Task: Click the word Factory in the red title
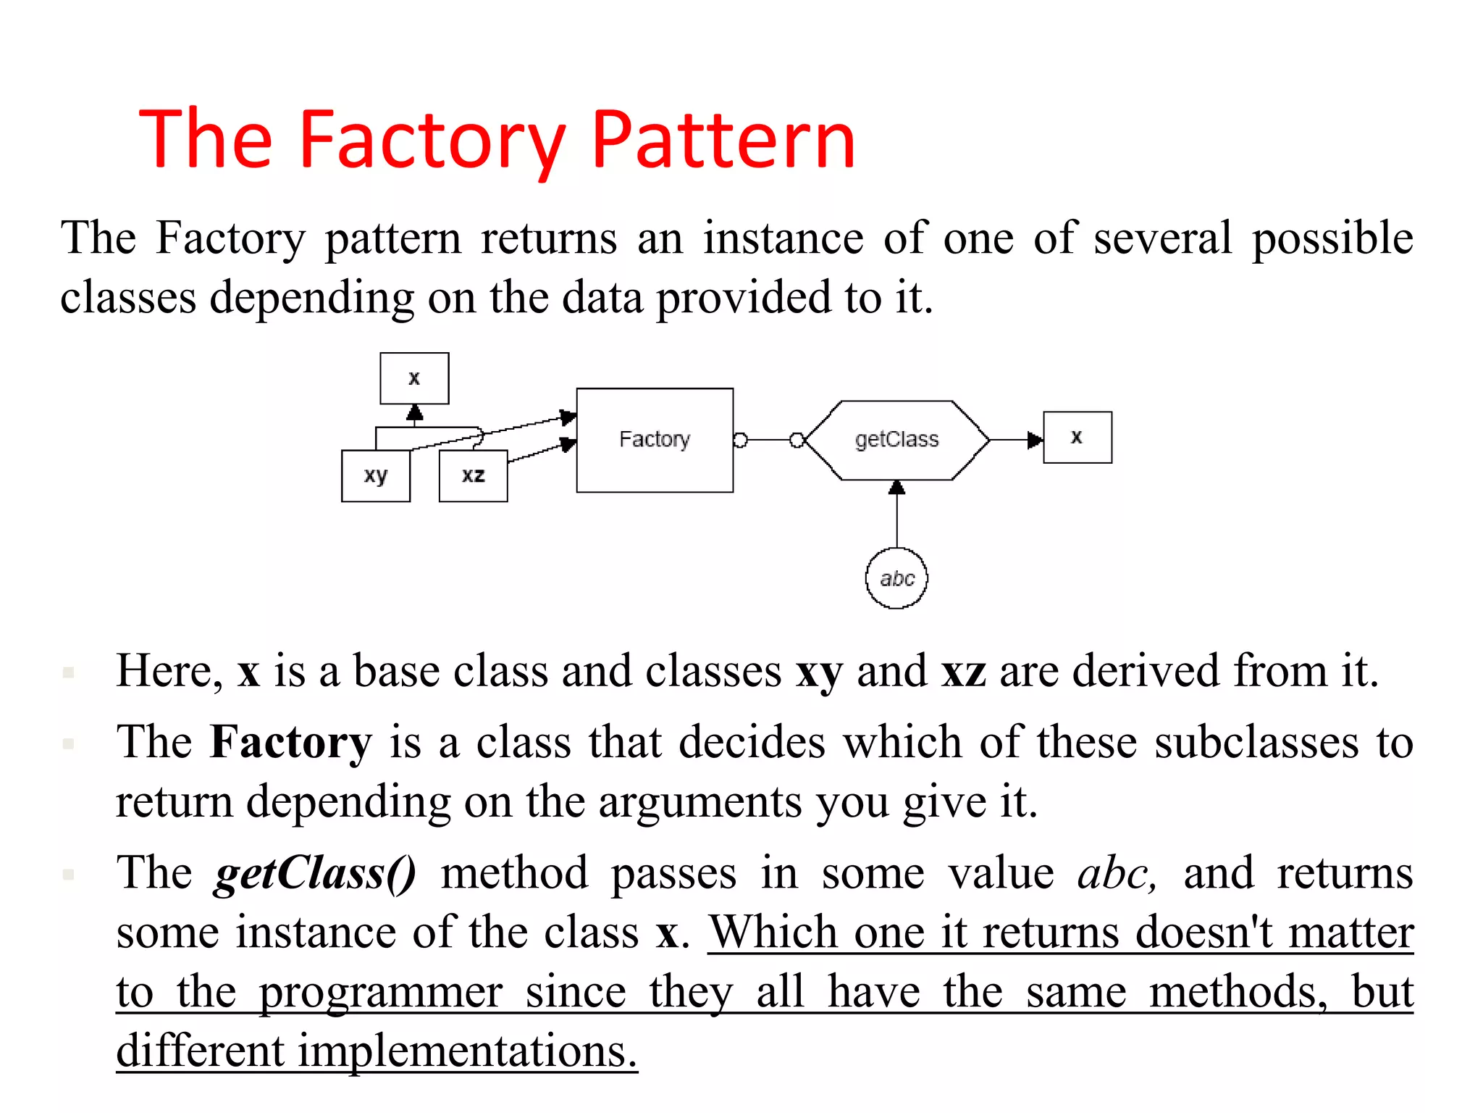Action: click(432, 139)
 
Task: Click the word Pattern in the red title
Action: click(723, 139)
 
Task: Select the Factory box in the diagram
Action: click(654, 440)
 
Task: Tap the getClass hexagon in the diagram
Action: click(896, 440)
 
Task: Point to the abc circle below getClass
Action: click(896, 578)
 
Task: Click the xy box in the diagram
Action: click(375, 476)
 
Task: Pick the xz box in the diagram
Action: click(473, 476)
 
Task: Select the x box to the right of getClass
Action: click(1077, 437)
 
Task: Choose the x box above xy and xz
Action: click(414, 378)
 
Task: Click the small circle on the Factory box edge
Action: click(740, 440)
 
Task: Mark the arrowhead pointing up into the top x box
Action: click(414, 413)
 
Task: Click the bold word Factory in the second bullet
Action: click(290, 742)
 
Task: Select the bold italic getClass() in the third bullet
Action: click(315, 872)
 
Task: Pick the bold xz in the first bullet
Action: click(963, 671)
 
